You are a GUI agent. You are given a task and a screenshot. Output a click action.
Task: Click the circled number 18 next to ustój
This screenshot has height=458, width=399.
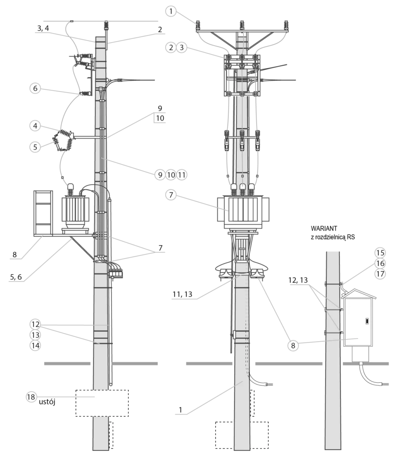pos(31,397)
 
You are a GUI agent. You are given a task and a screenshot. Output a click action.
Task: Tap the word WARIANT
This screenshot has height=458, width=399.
pos(324,229)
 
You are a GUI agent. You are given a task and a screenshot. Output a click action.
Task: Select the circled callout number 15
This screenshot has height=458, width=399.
pos(380,253)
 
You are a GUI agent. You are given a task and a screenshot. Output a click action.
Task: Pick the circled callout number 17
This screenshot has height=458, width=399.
pos(380,274)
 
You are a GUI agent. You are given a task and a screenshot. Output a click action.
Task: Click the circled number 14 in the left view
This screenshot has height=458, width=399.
pos(35,346)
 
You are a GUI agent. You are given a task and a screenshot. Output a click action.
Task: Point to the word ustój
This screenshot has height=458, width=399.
pos(47,402)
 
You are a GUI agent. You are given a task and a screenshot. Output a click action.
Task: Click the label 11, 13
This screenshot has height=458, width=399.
pos(183,294)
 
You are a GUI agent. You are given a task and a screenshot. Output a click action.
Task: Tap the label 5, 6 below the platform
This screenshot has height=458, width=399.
pos(16,277)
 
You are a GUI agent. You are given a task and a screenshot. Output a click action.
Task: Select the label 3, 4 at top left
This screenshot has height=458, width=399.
pos(43,28)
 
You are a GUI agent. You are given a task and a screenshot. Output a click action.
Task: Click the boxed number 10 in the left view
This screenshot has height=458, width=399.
pos(160,118)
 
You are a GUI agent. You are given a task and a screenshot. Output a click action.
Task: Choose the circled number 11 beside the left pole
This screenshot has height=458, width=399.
pos(182,175)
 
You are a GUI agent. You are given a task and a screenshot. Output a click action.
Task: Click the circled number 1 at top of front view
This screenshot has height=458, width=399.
pos(171,11)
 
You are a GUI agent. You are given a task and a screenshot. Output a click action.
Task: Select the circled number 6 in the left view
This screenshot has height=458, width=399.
pos(35,88)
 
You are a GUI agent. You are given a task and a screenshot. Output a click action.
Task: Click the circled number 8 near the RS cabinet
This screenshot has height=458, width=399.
pos(293,346)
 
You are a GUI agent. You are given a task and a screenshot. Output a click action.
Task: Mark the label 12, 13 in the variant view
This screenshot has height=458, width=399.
pos(298,280)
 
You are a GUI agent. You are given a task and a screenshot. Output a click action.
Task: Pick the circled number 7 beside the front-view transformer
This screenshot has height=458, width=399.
pos(171,195)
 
